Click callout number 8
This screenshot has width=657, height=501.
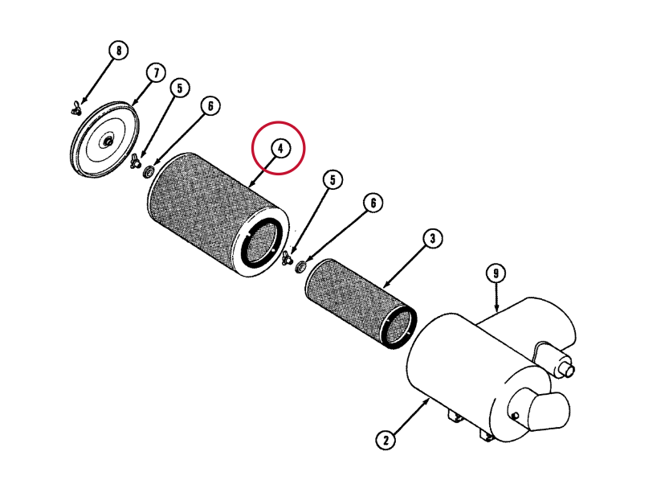[x=119, y=51]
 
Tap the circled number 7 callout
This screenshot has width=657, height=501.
[x=156, y=73]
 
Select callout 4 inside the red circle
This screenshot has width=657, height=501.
[x=280, y=148]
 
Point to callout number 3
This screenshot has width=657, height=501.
[x=432, y=238]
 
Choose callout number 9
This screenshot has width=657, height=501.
[x=496, y=273]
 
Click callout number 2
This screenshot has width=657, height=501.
[x=386, y=440]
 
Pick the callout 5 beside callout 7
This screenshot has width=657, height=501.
[x=180, y=88]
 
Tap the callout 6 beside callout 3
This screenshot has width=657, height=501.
[x=373, y=203]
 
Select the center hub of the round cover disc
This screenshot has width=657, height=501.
[x=108, y=142]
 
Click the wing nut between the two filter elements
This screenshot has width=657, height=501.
[x=287, y=257]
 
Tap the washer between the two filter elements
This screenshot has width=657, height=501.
[x=300, y=266]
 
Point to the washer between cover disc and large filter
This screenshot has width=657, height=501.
[x=149, y=171]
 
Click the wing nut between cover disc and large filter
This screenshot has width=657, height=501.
[x=136, y=161]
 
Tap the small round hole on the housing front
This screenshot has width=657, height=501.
[x=516, y=416]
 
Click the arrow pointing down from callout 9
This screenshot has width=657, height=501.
[x=496, y=298]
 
